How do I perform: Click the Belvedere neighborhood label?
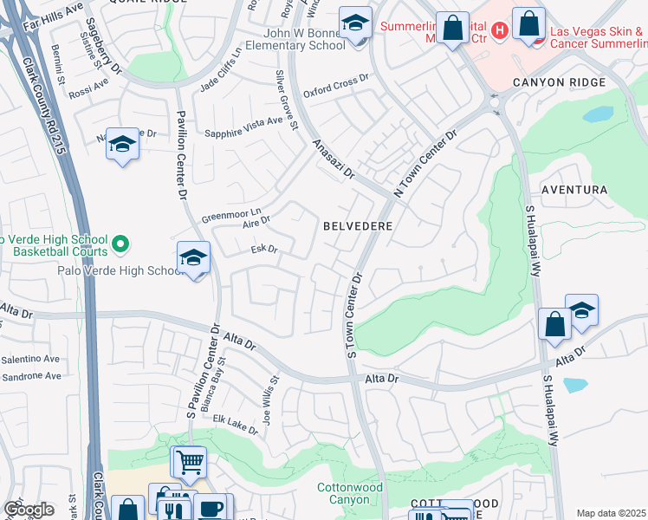pyautogui.click(x=359, y=225)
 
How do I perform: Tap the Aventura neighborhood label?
pyautogui.click(x=573, y=189)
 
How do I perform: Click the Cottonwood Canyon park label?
pyautogui.click(x=350, y=493)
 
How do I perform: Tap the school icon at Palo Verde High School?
pyautogui.click(x=193, y=258)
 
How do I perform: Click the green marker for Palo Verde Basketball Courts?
pyautogui.click(x=120, y=246)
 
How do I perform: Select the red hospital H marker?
pyautogui.click(x=498, y=32)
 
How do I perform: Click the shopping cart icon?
pyautogui.click(x=189, y=462)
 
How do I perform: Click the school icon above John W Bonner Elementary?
pyautogui.click(x=354, y=23)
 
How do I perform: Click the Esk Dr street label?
pyautogui.click(x=263, y=250)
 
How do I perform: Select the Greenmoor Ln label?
pyautogui.click(x=231, y=213)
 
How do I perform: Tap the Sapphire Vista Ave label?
pyautogui.click(x=243, y=127)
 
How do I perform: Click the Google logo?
pyautogui.click(x=28, y=510)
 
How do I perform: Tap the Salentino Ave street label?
pyautogui.click(x=30, y=359)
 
